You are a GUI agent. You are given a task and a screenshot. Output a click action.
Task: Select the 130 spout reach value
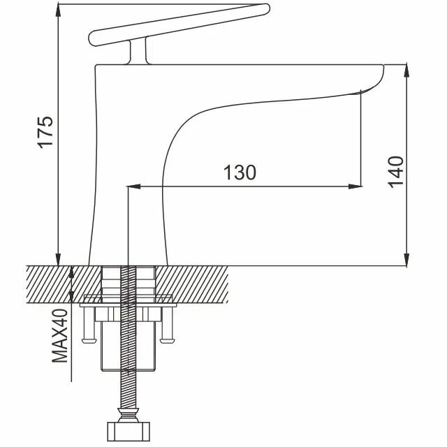point(240,173)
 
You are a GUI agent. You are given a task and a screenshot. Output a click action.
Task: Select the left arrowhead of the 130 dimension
point(133,186)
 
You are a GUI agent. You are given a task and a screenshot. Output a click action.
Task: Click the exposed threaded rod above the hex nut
point(127,391)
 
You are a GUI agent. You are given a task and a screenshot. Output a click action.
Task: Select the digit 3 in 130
point(240,173)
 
